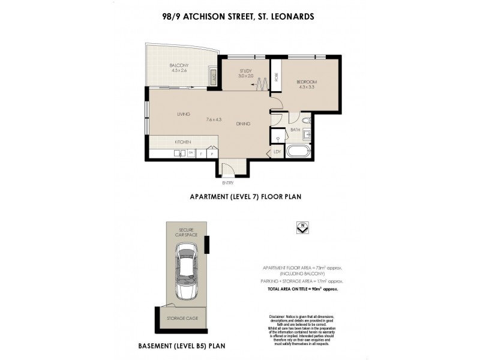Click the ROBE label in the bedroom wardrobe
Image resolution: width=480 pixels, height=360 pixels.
pyautogui.click(x=277, y=77)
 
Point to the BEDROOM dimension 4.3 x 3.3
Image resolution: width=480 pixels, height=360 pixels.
pyautogui.click(x=306, y=87)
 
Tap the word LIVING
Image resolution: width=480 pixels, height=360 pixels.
pyautogui.click(x=184, y=114)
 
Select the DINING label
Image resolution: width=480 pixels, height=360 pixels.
pyautogui.click(x=243, y=124)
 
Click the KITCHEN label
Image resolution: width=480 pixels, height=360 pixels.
pyautogui.click(x=183, y=142)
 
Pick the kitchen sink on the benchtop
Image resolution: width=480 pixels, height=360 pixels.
pyautogui.click(x=179, y=154)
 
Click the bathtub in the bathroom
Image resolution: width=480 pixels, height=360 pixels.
pyautogui.click(x=298, y=151)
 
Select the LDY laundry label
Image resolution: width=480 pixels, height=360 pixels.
pyautogui.click(x=277, y=152)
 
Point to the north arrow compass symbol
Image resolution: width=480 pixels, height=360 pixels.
pyautogui.click(x=302, y=228)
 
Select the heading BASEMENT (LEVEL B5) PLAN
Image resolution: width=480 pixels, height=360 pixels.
pyautogui.click(x=182, y=346)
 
